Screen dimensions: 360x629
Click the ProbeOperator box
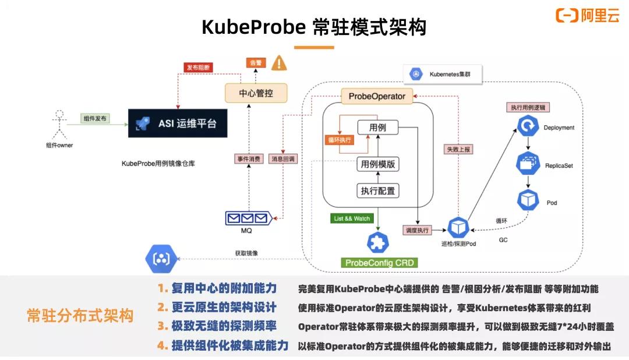pos(377,96)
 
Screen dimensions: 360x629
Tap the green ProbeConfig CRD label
pos(380,263)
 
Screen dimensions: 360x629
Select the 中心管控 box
pos(248,93)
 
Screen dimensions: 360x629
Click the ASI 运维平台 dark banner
pos(178,123)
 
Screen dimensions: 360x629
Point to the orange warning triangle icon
pos(280,62)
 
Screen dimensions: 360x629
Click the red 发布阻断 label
pos(199,67)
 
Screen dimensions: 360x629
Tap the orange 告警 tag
pos(255,63)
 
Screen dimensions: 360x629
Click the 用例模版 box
pos(378,164)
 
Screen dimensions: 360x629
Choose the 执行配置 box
pos(378,190)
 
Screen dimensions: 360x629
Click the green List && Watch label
pos(351,219)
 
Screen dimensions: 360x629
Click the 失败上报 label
pos(458,149)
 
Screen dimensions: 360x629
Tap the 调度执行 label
pos(418,230)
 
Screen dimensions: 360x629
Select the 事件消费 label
pos(249,158)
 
